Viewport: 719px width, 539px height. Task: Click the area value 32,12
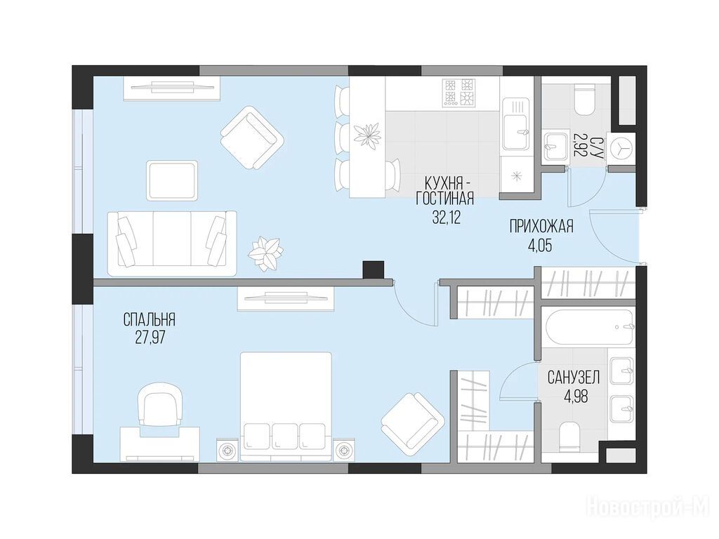click(x=446, y=218)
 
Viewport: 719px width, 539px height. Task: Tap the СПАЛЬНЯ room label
click(x=150, y=319)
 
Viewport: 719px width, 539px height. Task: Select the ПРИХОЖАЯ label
click(x=541, y=227)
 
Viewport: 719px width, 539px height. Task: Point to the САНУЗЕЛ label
click(x=574, y=378)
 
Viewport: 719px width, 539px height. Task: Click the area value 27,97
click(x=150, y=338)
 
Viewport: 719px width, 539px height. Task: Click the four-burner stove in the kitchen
click(x=458, y=93)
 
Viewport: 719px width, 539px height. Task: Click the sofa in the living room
click(x=172, y=244)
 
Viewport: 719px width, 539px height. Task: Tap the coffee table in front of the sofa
click(x=173, y=180)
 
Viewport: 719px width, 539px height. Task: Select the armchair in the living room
click(x=252, y=138)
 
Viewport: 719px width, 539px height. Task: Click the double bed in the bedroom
click(x=286, y=406)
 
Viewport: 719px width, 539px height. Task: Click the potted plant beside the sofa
click(x=265, y=253)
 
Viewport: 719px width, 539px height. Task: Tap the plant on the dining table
click(x=368, y=135)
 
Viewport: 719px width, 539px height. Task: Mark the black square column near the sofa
click(x=373, y=269)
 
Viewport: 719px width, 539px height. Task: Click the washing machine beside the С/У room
click(x=621, y=149)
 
